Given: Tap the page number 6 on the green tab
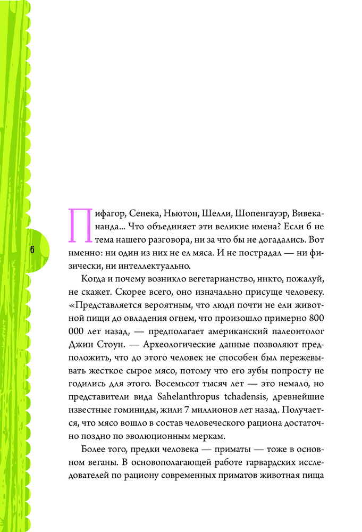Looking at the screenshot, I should (x=32, y=250).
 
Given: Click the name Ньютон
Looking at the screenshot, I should (x=181, y=214).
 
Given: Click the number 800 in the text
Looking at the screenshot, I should (x=315, y=319).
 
